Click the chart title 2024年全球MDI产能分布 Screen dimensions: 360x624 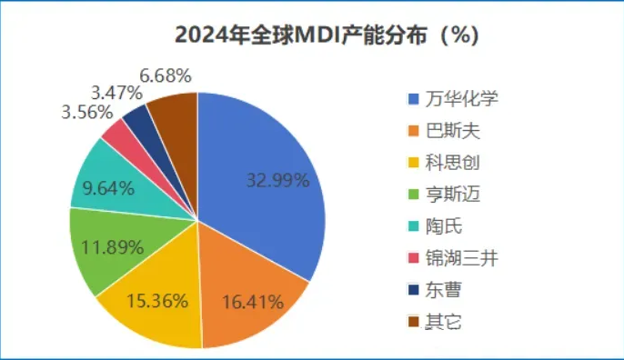point(326,36)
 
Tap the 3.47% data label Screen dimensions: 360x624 point(115,93)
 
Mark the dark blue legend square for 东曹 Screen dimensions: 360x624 point(413,290)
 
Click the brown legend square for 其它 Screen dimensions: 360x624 point(413,322)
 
